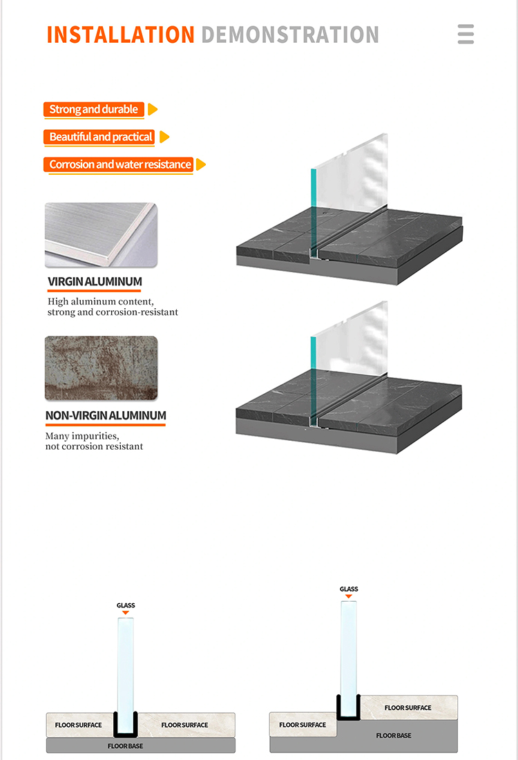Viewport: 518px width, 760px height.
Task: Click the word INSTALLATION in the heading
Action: coord(121,35)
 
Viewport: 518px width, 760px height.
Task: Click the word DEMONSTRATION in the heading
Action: coord(290,35)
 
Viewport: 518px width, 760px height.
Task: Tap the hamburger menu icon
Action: coord(466,35)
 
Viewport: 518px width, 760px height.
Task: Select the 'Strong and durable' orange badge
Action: coord(93,109)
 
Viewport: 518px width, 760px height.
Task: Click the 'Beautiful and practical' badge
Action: coord(101,137)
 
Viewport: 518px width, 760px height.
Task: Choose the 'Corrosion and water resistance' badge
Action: coord(120,164)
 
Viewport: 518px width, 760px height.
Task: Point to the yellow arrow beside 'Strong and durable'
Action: coord(153,109)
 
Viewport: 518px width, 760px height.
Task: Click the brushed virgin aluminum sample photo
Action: coord(101,235)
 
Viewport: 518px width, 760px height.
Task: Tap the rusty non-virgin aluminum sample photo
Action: coord(101,368)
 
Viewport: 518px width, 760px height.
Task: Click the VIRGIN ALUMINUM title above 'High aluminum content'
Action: coord(95,282)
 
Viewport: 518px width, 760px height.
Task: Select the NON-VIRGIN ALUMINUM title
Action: coord(106,416)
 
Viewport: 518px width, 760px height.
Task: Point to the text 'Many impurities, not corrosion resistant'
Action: coord(94,441)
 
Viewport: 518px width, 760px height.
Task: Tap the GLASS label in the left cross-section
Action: coord(126,605)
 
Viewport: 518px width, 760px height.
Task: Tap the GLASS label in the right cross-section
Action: coord(349,589)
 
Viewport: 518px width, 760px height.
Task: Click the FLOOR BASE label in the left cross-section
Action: coord(125,746)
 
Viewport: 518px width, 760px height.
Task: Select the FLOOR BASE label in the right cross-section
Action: coord(394,736)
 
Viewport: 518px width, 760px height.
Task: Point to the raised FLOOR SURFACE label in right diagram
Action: coord(407,707)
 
